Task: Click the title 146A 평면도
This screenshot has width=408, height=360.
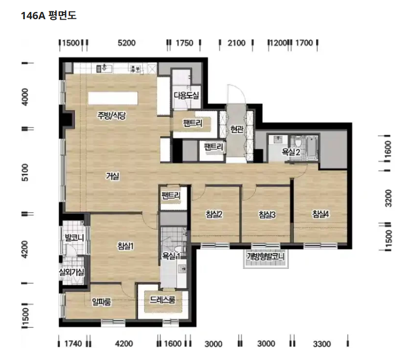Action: click(48, 16)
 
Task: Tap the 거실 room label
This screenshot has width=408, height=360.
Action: click(113, 176)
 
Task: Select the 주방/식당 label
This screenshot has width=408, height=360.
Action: click(112, 115)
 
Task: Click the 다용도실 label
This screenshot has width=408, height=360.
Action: click(186, 95)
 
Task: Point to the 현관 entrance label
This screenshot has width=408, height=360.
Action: click(237, 129)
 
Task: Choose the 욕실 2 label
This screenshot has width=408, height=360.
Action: click(291, 151)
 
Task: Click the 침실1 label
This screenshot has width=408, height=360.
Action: click(126, 246)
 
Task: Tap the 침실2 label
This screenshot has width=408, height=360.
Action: click(214, 214)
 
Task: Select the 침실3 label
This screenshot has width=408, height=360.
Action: click(267, 215)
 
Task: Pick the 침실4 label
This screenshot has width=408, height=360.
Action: click(321, 214)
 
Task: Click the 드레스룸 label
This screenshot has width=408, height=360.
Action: click(162, 300)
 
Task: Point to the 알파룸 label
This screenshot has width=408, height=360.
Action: click(101, 302)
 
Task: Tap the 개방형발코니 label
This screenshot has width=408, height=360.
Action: click(265, 256)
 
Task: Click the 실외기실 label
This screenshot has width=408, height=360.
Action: click(71, 272)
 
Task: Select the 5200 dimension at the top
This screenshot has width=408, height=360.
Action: click(127, 43)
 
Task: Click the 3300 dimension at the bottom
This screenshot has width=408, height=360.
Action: click(322, 344)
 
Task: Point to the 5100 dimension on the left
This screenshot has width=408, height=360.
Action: click(25, 172)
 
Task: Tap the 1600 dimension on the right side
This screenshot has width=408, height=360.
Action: click(388, 149)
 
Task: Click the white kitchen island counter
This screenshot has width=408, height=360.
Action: click(113, 99)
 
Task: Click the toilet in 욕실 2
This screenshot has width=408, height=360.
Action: click(298, 142)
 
